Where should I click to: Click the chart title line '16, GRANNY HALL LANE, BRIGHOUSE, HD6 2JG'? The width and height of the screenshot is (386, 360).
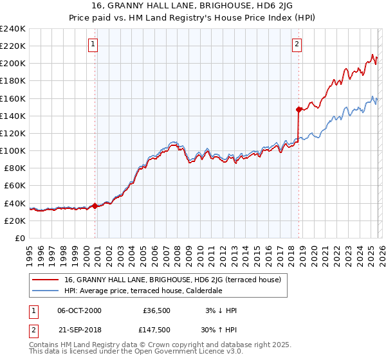pos(192,7)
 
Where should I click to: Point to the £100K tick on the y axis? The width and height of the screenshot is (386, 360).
pos(12,150)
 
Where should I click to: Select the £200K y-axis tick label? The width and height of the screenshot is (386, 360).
pos(12,64)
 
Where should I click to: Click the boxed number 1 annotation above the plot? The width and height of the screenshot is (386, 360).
pos(93,44)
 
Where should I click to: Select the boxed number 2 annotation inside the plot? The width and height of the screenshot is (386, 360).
pos(297,44)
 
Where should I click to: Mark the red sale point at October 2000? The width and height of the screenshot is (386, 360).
pos(95,206)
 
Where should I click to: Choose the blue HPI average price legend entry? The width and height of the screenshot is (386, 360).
pos(142,291)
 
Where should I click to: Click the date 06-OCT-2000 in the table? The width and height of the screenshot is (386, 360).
pos(79,310)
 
